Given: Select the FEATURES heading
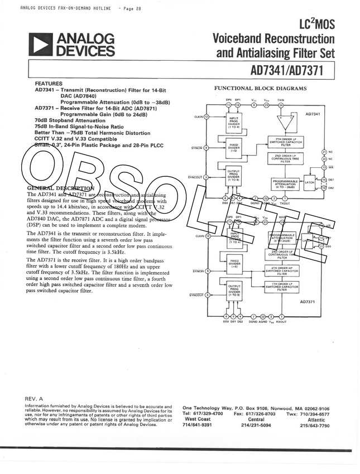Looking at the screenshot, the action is tap(49, 84).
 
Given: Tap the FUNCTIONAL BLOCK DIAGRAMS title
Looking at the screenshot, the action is tap(260, 89).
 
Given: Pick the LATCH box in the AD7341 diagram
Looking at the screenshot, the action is tap(309, 182).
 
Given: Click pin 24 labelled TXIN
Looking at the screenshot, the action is tap(281, 105).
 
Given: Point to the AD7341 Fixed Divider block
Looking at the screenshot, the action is tap(233, 148).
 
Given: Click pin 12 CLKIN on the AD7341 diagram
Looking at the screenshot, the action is tap(207, 117).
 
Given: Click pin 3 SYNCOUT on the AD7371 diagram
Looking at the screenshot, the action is tap(207, 295).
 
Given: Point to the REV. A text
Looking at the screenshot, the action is tap(34, 399).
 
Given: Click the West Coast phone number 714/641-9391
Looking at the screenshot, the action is tap(198, 425).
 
